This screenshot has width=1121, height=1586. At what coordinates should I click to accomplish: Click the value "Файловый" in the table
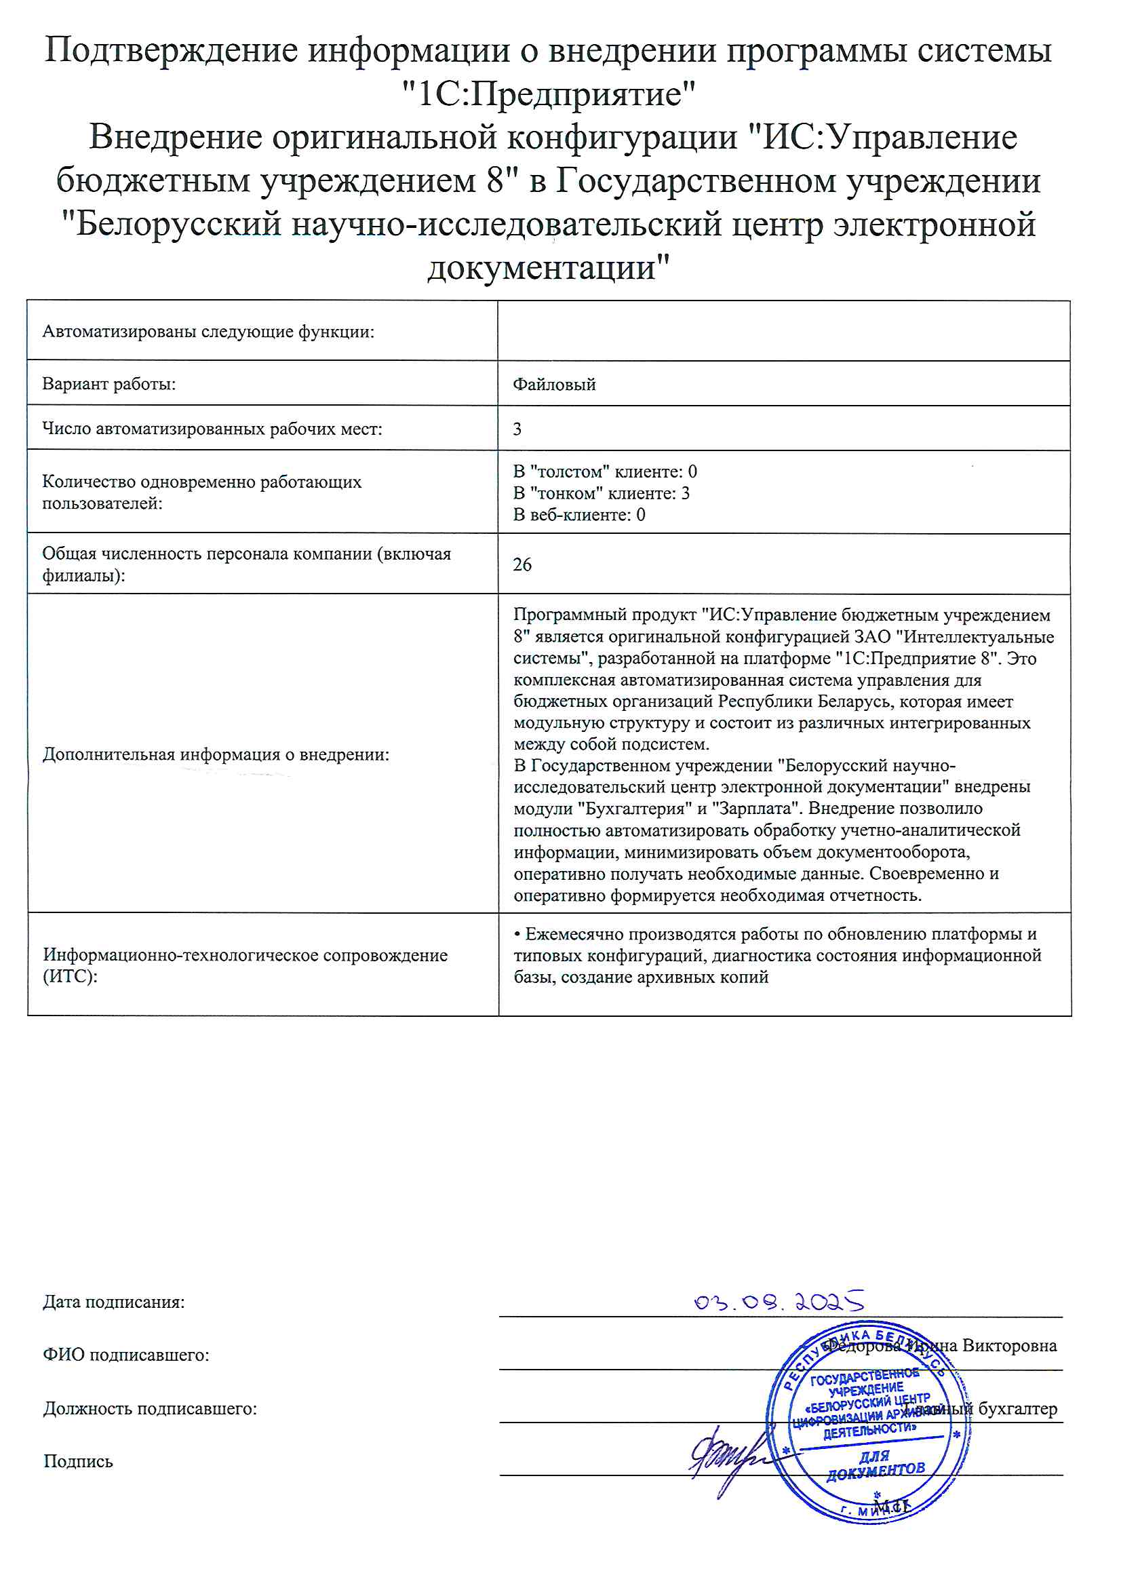[554, 384]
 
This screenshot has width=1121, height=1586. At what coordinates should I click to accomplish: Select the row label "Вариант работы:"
[109, 383]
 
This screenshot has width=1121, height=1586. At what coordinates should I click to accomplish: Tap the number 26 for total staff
[522, 564]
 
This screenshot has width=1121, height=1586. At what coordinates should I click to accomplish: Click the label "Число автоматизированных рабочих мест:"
[212, 429]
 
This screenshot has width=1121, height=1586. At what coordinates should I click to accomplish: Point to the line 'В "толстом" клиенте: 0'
[605, 471]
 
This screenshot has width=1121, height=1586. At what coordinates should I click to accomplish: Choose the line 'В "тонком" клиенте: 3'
[601, 492]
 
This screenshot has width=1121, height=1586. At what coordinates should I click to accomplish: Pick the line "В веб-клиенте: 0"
[578, 514]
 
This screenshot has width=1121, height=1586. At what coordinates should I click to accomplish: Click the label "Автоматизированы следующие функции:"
[208, 332]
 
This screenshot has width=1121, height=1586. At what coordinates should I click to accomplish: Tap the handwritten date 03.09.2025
[779, 1301]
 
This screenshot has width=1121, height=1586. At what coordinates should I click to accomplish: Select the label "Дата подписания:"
[114, 1302]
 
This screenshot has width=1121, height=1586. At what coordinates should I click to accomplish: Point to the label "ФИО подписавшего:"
[125, 1355]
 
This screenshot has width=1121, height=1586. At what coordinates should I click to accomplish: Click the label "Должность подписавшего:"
[150, 1408]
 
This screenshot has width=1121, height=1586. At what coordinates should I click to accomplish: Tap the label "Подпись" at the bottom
[78, 1461]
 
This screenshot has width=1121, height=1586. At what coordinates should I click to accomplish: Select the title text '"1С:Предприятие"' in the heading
[549, 94]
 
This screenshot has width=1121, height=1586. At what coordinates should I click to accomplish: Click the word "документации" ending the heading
[549, 268]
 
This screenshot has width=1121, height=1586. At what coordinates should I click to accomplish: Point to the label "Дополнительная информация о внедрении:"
[216, 754]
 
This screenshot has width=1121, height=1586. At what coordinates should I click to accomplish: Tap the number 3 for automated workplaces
[517, 429]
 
